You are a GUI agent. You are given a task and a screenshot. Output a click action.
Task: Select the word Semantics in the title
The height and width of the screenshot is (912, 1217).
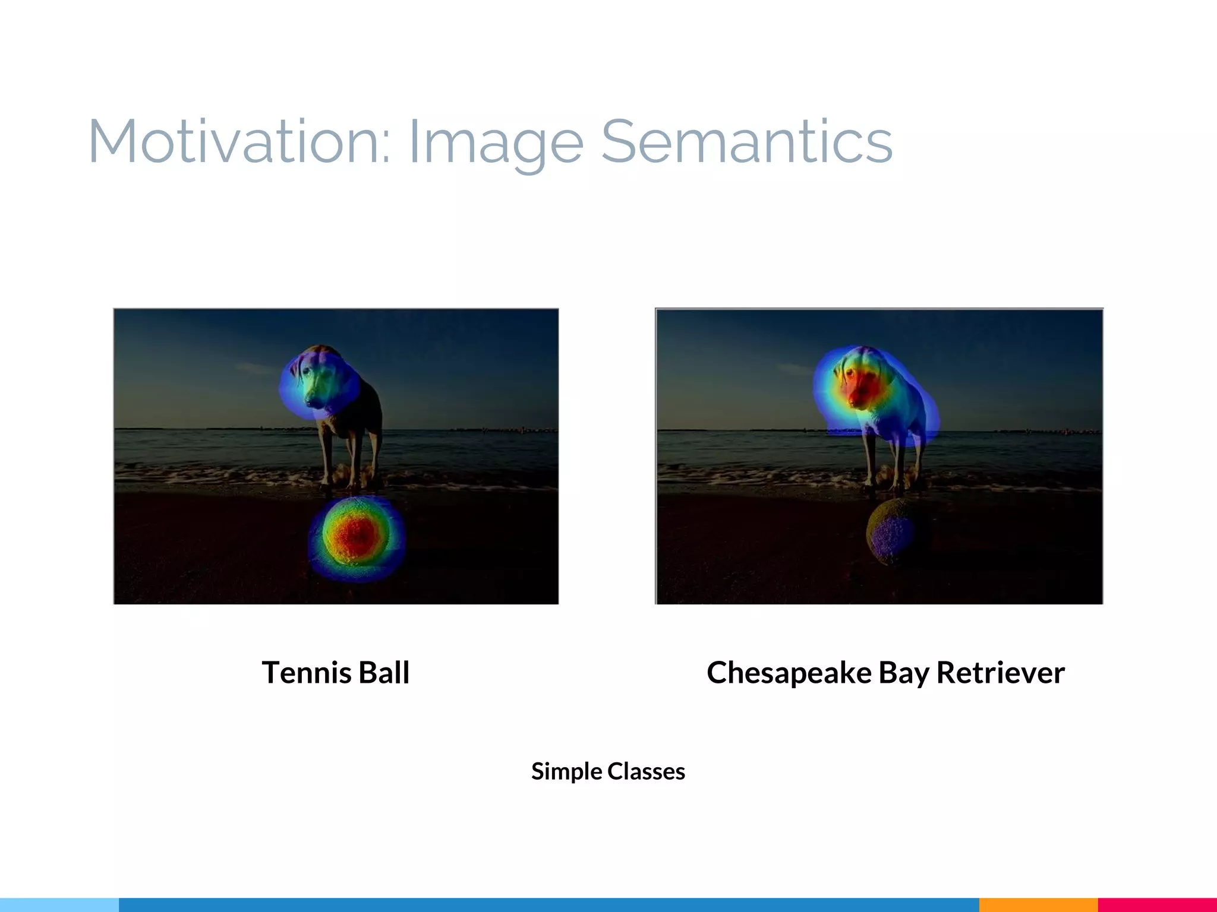click(746, 142)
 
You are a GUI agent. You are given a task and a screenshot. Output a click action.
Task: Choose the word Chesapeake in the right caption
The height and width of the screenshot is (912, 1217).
click(789, 673)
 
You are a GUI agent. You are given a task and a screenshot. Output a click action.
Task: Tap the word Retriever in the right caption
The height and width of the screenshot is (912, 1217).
click(1001, 673)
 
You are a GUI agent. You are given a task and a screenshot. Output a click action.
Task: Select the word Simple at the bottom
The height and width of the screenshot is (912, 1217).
click(566, 772)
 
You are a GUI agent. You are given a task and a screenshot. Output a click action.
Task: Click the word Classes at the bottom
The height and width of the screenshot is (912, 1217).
click(646, 771)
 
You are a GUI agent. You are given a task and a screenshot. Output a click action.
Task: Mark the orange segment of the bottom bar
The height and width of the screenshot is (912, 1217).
click(1038, 905)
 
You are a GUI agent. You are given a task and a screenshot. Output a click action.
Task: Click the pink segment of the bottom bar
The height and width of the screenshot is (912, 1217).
click(1157, 905)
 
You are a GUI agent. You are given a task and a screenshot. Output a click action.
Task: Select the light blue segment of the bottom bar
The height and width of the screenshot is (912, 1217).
click(59, 905)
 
